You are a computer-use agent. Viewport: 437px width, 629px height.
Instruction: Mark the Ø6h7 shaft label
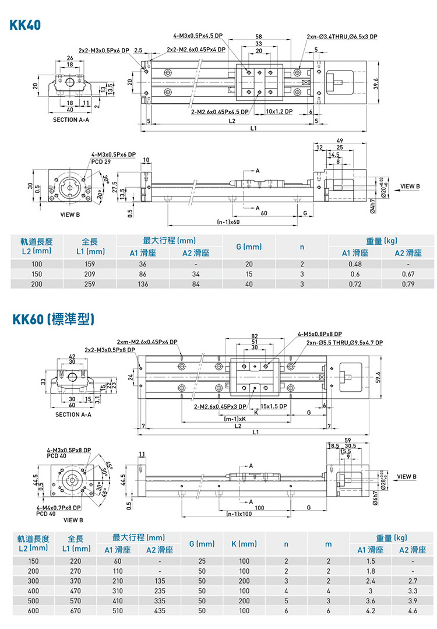pos(372,501)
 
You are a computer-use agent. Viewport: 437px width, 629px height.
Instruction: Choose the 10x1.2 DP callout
pos(279,111)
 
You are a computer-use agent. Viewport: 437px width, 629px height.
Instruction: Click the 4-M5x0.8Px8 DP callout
pos(319,334)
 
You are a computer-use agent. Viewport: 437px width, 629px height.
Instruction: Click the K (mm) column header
pos(244,544)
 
